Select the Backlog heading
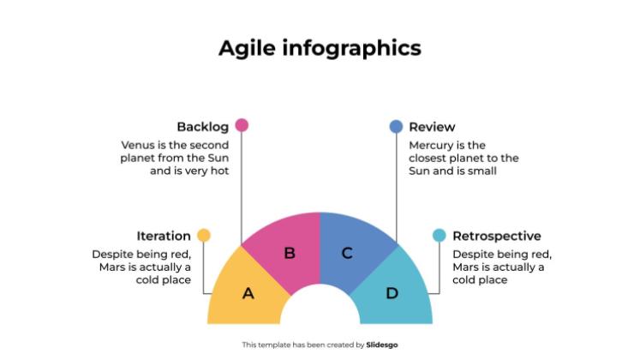(x=202, y=127)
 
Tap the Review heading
(x=432, y=127)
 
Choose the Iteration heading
(x=164, y=236)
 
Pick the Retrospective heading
(x=497, y=236)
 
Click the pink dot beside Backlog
(x=242, y=125)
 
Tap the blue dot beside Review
(x=396, y=126)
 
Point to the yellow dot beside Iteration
(x=204, y=235)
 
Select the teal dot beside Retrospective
(x=440, y=235)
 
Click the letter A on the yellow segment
(x=248, y=293)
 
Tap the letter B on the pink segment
(x=290, y=253)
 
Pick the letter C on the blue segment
(x=347, y=253)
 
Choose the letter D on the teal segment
(x=392, y=293)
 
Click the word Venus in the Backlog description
(x=138, y=145)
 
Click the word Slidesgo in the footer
(x=383, y=345)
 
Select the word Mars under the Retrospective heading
(x=467, y=267)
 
